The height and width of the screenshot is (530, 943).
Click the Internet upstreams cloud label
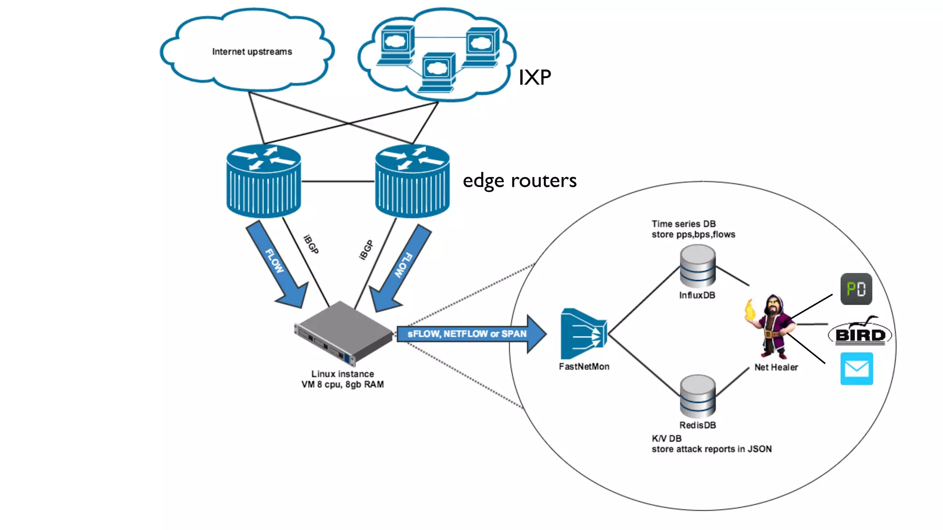(x=252, y=52)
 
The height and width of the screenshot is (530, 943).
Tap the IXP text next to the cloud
(x=534, y=77)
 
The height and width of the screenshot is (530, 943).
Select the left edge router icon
(x=263, y=181)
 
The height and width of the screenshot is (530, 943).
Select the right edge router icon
(x=412, y=181)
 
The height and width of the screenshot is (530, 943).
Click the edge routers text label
(x=519, y=180)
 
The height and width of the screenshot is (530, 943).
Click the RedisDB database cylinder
(x=698, y=396)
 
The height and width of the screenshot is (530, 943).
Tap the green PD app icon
(x=856, y=289)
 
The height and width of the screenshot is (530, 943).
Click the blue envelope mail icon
(x=856, y=369)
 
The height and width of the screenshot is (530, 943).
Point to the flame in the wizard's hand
(x=750, y=310)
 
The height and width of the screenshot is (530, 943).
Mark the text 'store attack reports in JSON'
(x=711, y=449)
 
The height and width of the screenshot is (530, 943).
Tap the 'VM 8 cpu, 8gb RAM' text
(x=343, y=385)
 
